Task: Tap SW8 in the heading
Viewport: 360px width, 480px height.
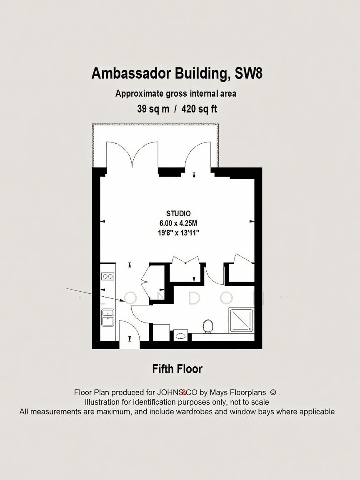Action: [248, 73]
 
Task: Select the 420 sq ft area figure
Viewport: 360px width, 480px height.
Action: [199, 109]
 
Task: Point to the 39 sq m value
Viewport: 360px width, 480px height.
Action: [153, 109]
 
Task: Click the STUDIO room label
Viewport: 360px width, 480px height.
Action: [178, 213]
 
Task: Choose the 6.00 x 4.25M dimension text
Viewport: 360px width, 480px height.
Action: [178, 223]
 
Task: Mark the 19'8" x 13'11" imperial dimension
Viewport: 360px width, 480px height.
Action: [178, 233]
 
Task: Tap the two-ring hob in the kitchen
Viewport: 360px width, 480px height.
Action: [107, 276]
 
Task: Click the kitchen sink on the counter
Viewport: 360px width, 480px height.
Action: [108, 318]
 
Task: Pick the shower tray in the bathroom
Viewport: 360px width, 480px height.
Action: [242, 320]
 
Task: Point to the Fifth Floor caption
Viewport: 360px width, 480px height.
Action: [177, 369]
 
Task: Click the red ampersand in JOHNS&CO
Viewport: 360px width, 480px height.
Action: [184, 392]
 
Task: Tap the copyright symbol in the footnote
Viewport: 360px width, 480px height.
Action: [273, 392]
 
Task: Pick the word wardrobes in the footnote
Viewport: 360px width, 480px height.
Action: [194, 412]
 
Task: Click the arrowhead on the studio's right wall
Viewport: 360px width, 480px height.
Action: [252, 221]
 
